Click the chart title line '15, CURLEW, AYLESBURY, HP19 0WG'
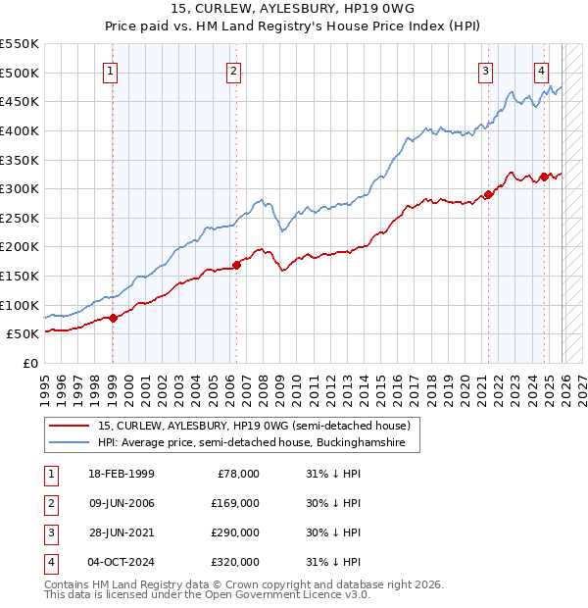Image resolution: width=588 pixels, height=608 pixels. pos(294,11)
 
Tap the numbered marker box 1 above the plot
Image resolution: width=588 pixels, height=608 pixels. pos(111,70)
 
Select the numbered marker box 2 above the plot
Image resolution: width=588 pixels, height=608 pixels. pos(234,70)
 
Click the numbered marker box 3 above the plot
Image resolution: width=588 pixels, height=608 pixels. pos(486,70)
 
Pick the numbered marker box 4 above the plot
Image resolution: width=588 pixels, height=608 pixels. pos(541,70)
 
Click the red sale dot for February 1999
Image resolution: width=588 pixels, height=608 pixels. pos(113,317)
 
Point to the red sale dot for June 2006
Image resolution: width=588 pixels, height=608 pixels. pos(236,264)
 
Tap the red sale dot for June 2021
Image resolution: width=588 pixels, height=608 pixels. pos(488,194)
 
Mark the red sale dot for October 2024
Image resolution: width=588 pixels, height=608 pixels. pos(544,177)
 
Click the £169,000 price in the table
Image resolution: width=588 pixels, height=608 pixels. pos(235,503)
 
